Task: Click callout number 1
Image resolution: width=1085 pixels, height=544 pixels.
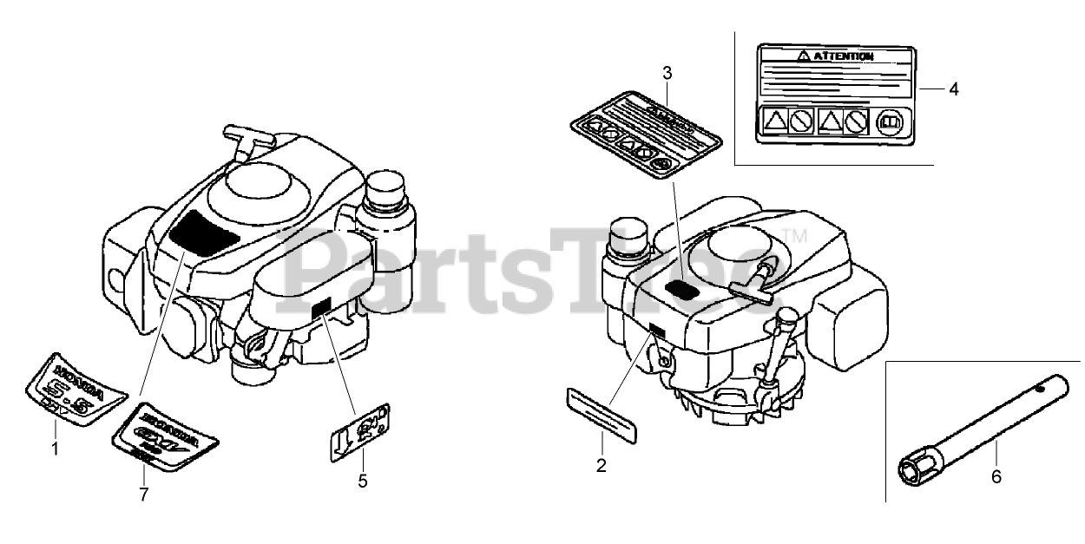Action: pyautogui.click(x=56, y=449)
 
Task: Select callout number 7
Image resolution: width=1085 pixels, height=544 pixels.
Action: pyautogui.click(x=144, y=494)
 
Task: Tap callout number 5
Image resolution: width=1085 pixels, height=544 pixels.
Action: pyautogui.click(x=363, y=479)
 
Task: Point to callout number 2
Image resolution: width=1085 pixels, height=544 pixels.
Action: pyautogui.click(x=601, y=466)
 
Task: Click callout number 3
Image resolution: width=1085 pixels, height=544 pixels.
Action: pyautogui.click(x=667, y=73)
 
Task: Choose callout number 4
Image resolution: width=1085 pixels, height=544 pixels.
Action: pyautogui.click(x=953, y=88)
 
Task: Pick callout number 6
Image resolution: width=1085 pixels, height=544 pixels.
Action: pyautogui.click(x=996, y=475)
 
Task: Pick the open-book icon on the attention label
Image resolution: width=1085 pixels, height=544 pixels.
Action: pyautogui.click(x=890, y=122)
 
